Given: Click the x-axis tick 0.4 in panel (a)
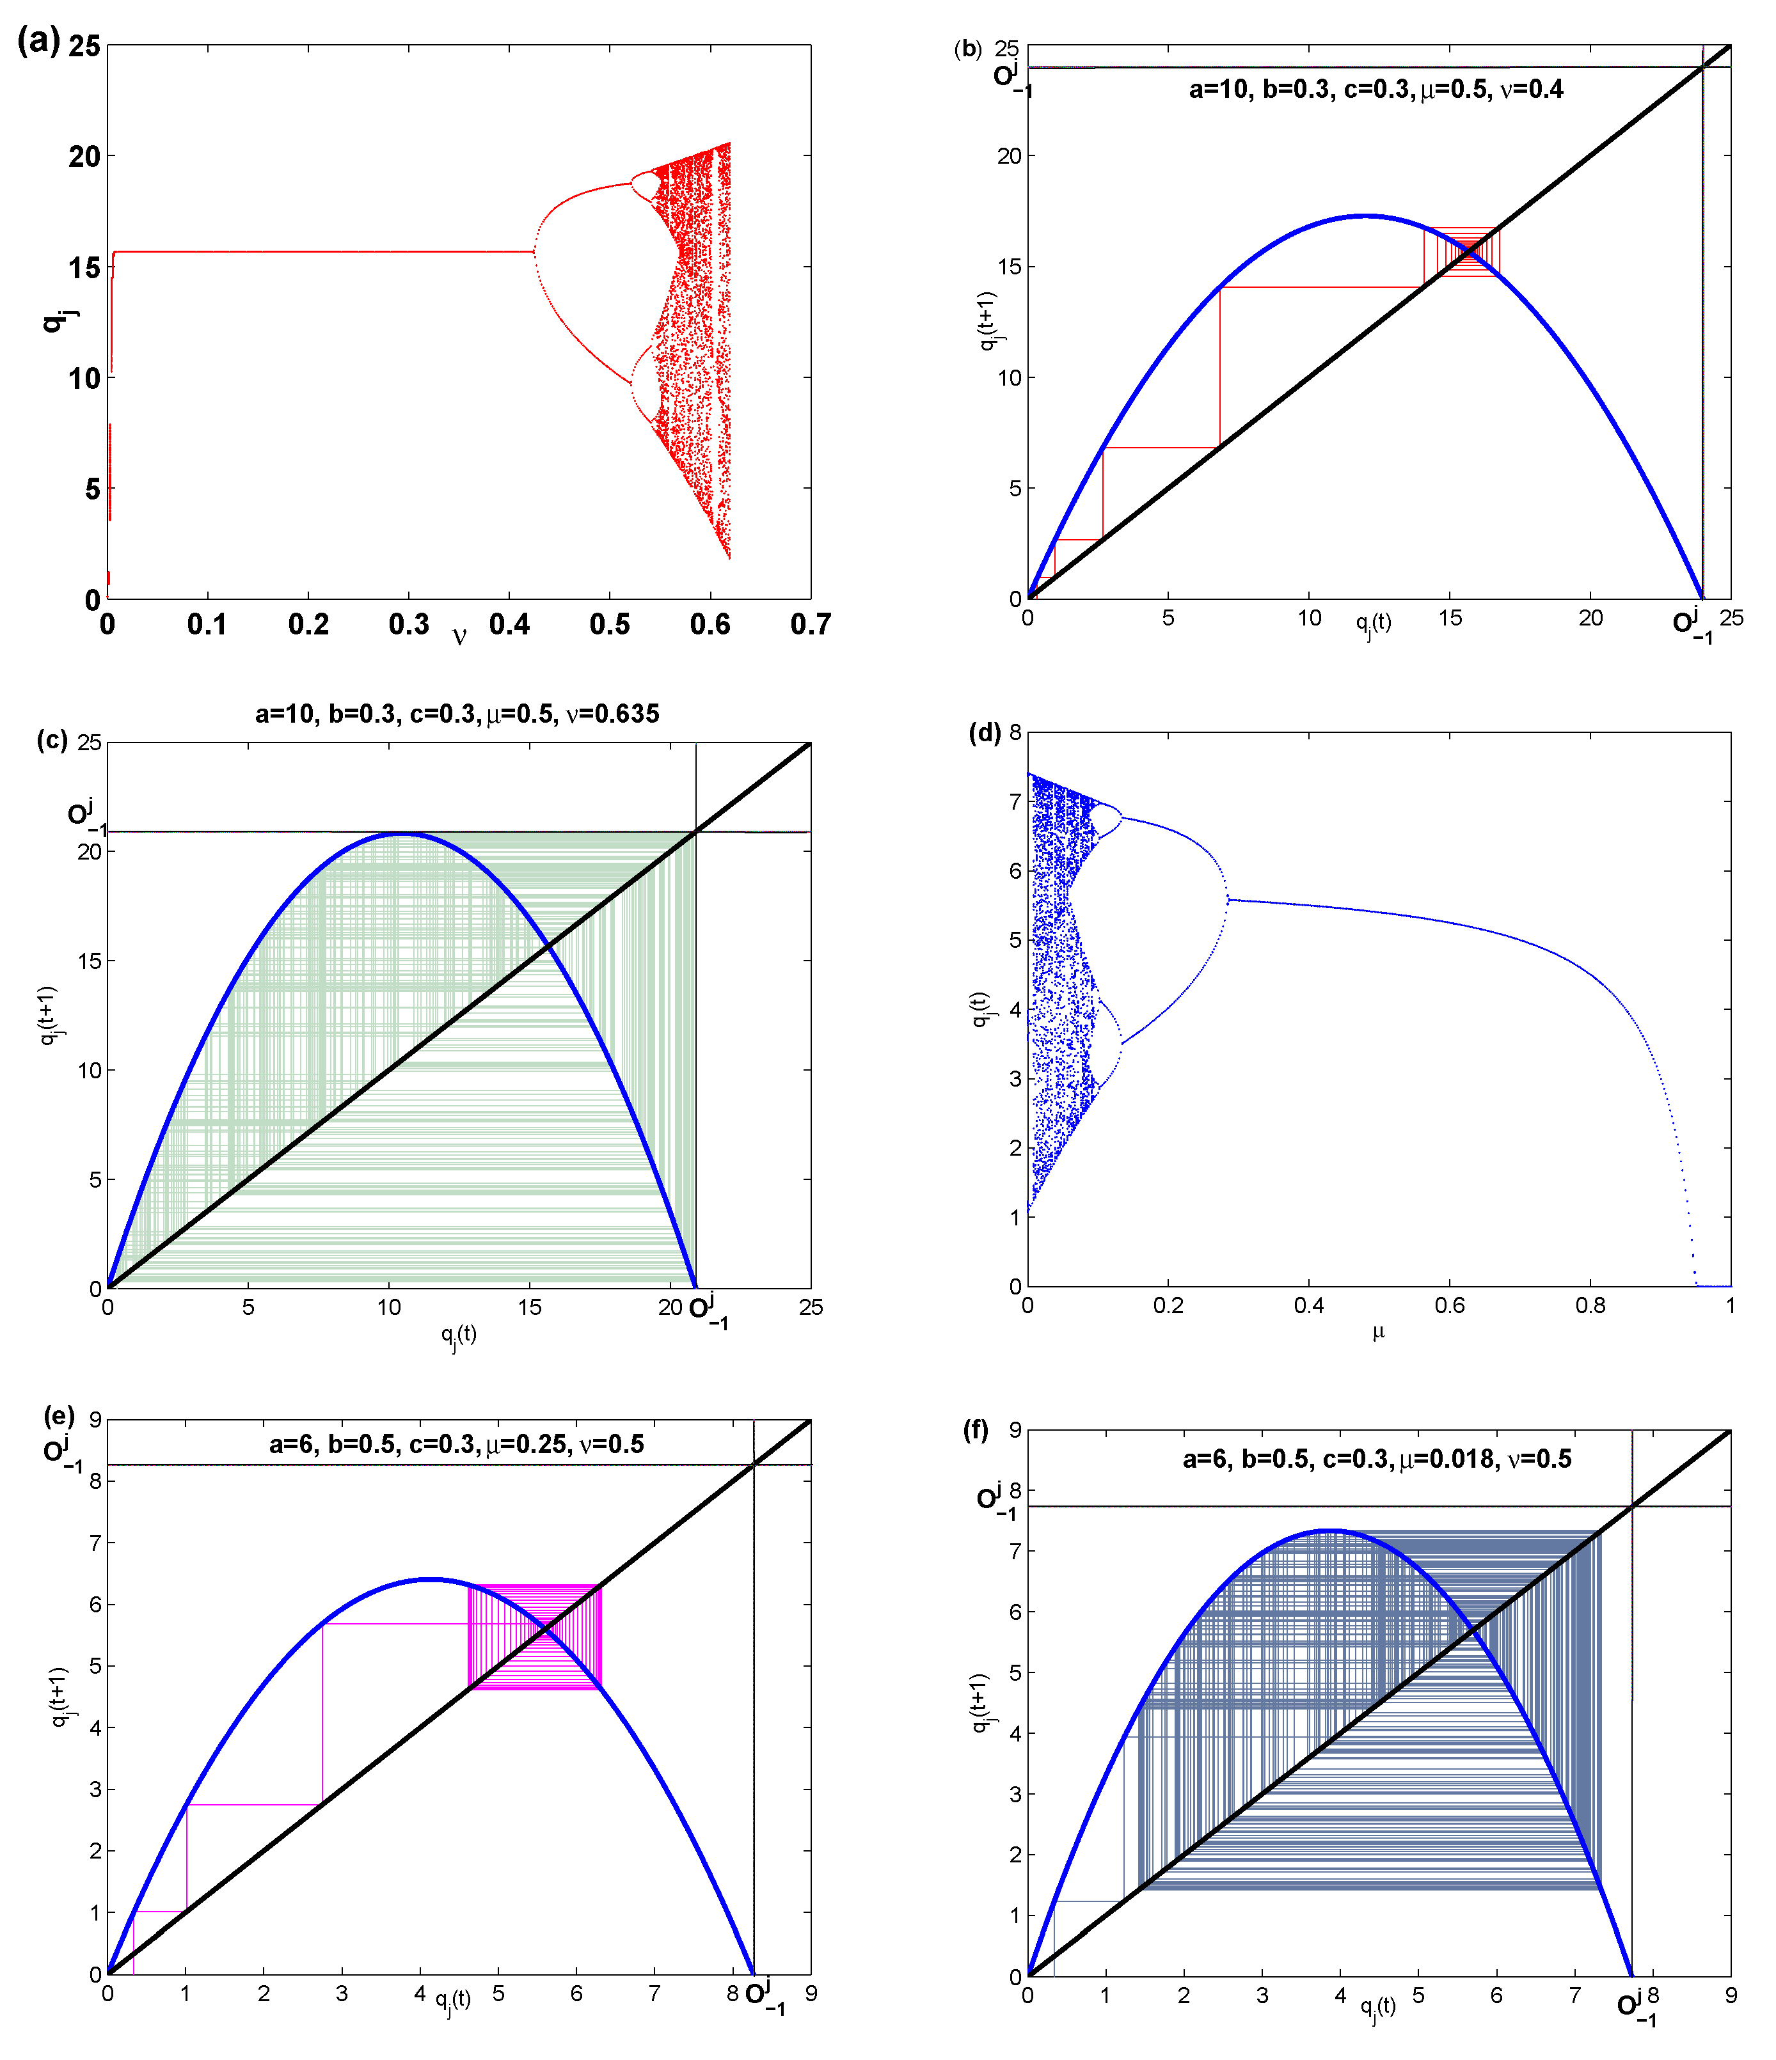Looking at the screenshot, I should (509, 624).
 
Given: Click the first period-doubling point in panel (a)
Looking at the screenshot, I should (534, 251).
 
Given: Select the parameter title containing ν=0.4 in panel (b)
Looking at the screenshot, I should (1376, 90).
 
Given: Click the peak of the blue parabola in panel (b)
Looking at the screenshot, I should (1367, 216).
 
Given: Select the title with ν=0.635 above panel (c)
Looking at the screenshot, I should (457, 714).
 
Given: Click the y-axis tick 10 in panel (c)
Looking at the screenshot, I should (90, 1071).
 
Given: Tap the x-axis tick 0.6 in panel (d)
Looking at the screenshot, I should (1450, 1305).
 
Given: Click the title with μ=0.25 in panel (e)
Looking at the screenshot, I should (456, 1443).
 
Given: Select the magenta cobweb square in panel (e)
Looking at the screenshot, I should (535, 1635).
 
